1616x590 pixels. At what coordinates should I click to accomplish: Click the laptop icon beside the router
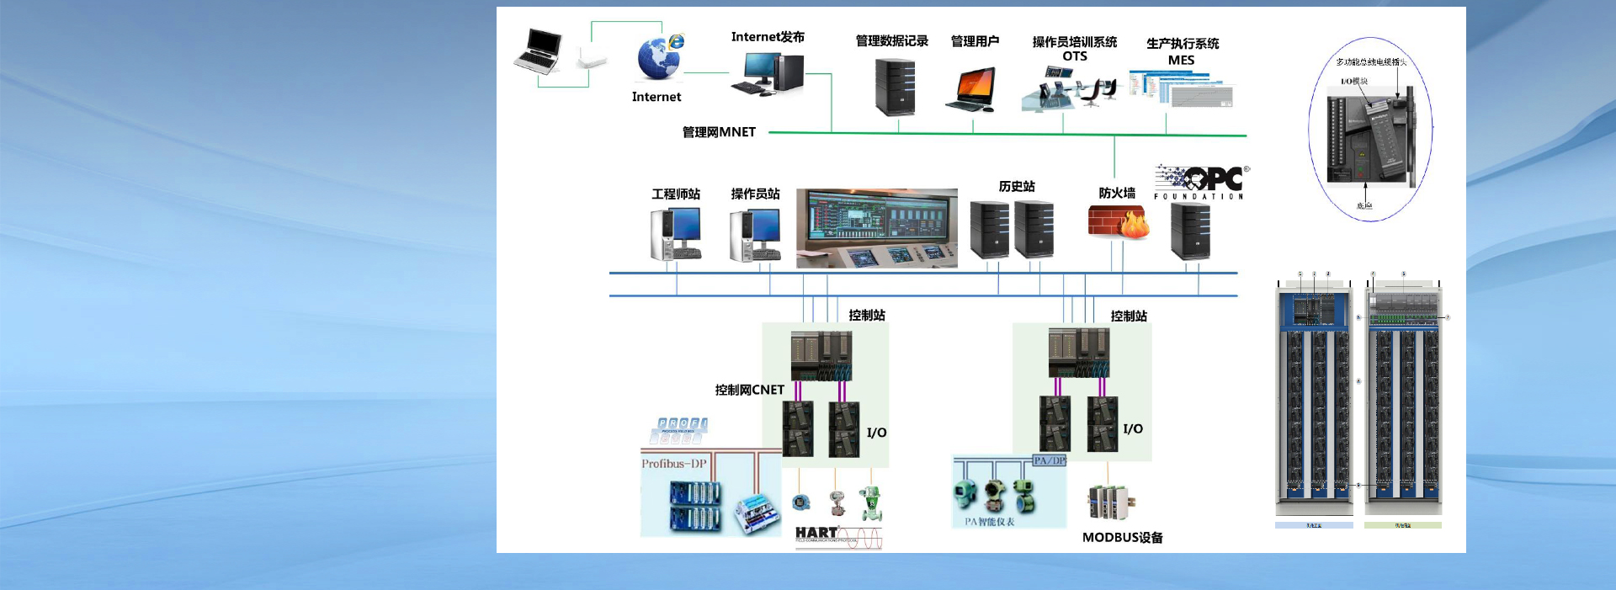[x=538, y=50]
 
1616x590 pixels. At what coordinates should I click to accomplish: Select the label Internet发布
[x=768, y=37]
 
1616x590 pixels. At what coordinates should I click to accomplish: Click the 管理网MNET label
[x=719, y=132]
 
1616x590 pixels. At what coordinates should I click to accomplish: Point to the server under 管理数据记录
[x=895, y=88]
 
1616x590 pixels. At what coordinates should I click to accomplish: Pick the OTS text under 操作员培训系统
[x=1075, y=56]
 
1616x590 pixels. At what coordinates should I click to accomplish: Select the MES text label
[x=1181, y=61]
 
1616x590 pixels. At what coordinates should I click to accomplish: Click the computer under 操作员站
[x=755, y=235]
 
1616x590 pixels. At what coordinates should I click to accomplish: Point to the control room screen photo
[x=877, y=228]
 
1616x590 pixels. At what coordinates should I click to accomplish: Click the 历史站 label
[x=1017, y=187]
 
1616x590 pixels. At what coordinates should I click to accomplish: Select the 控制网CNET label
[x=749, y=390]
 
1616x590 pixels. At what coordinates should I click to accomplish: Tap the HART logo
[x=817, y=533]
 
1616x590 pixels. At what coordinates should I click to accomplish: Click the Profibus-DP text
[x=674, y=464]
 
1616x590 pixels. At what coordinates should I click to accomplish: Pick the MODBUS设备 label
[x=1122, y=538]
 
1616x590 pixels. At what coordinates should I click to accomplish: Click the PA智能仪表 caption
[x=990, y=522]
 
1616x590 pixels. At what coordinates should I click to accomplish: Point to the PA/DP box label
[x=1050, y=460]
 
